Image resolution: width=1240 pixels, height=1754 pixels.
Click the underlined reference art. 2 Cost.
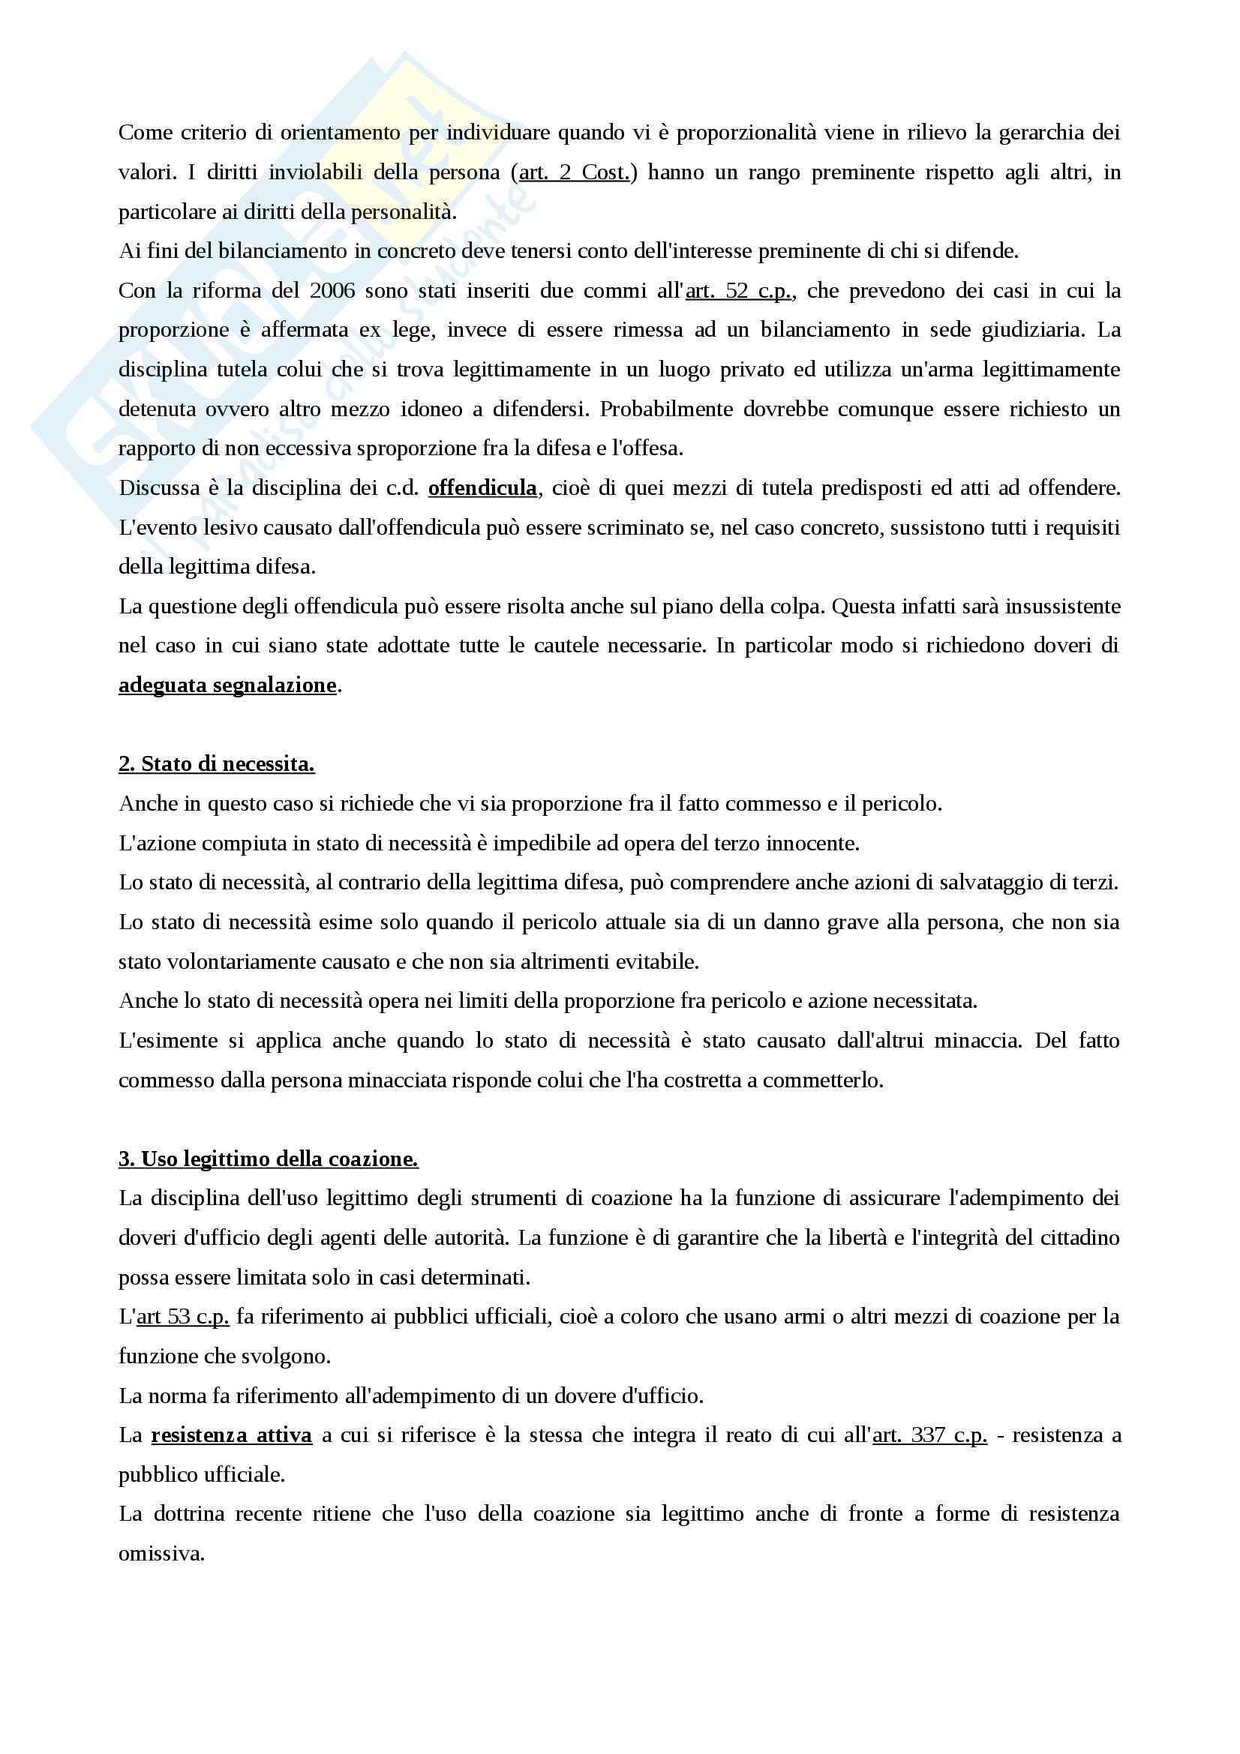574,172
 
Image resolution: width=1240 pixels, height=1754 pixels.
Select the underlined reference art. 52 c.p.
739,291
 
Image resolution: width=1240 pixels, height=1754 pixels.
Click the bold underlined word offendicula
482,488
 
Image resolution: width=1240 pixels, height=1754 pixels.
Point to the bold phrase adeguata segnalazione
228,685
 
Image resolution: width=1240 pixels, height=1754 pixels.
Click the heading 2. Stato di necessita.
216,764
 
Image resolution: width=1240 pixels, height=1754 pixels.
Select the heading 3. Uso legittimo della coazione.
268,1159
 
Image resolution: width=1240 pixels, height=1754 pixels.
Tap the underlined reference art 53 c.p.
182,1317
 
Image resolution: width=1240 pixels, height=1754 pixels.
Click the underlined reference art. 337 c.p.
929,1435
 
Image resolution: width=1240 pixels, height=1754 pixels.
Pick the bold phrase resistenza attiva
232,1435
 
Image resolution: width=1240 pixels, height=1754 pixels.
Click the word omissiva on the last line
161,1554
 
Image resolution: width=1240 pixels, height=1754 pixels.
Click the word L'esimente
168,1042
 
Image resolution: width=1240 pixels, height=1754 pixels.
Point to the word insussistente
1063,607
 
